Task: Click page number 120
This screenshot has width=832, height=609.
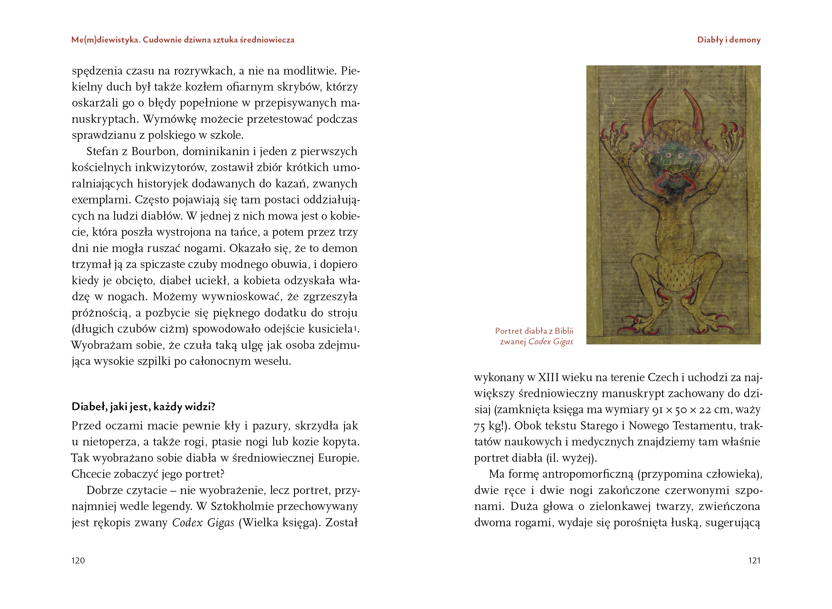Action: (78, 560)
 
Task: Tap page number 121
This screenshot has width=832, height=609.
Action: (754, 560)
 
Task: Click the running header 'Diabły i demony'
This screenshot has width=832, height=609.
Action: (728, 40)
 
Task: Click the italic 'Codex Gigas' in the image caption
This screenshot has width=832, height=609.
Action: (550, 341)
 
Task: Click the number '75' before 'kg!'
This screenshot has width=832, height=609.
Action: (479, 426)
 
